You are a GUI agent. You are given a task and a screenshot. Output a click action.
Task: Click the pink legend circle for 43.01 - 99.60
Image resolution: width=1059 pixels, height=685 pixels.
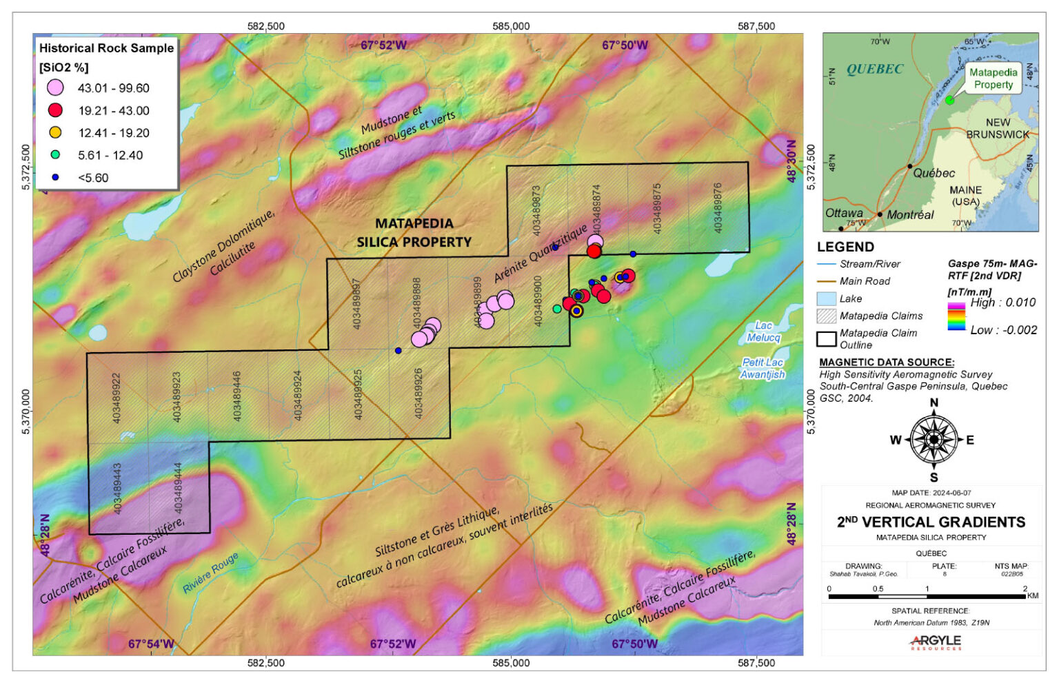(55, 88)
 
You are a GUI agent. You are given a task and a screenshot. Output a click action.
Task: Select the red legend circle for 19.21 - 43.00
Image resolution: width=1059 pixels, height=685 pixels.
(55, 110)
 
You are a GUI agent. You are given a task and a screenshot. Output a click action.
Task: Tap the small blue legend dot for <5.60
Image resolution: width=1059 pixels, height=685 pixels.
(55, 177)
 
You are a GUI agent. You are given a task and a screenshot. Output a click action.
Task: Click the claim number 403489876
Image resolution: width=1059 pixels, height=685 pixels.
(718, 207)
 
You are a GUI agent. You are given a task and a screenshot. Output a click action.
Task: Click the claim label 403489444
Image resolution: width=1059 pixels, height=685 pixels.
(178, 488)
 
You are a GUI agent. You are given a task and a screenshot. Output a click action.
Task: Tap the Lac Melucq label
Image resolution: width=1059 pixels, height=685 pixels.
(763, 331)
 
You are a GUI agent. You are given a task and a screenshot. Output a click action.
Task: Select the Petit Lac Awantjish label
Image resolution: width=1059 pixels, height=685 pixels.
(763, 368)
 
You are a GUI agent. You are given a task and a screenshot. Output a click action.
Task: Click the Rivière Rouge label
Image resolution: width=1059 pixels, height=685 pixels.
(210, 573)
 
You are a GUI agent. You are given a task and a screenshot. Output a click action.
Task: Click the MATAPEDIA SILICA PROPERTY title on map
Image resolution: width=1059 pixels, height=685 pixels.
(414, 232)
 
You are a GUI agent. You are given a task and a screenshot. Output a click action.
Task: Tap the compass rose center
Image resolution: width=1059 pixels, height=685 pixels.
(934, 439)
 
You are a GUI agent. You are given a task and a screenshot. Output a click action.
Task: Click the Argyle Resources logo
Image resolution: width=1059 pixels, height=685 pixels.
(935, 642)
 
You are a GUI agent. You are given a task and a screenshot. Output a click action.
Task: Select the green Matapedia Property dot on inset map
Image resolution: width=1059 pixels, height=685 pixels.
(949, 100)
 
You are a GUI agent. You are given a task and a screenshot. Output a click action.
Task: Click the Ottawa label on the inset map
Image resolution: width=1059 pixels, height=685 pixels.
(844, 213)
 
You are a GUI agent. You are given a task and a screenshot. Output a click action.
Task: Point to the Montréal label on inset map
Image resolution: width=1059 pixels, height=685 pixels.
(910, 214)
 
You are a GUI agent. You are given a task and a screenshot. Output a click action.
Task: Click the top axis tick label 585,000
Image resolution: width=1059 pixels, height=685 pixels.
(511, 26)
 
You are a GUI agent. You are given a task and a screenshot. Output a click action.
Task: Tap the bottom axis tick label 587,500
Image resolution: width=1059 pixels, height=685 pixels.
(756, 663)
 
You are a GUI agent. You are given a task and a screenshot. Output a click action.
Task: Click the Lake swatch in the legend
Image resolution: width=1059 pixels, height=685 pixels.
(826, 298)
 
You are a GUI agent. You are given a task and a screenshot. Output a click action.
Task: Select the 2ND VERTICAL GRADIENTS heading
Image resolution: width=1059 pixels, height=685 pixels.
(931, 522)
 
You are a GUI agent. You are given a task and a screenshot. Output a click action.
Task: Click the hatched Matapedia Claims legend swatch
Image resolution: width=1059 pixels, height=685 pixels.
(826, 316)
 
